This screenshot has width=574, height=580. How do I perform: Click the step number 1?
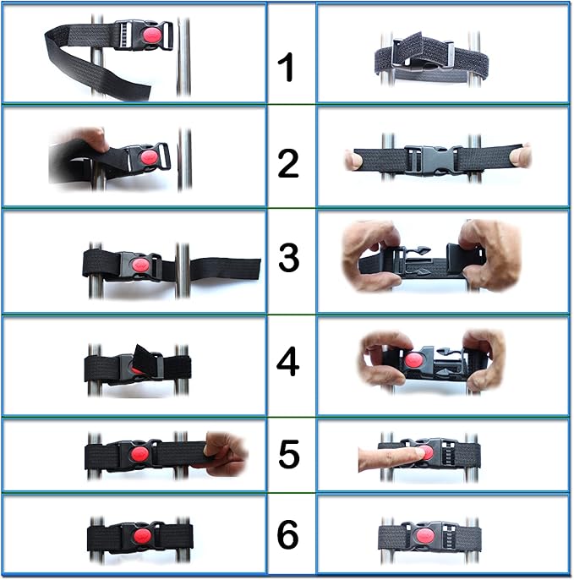tap(286, 67)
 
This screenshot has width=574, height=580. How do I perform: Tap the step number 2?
tap(287, 163)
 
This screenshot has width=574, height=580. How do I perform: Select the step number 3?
tap(288, 257)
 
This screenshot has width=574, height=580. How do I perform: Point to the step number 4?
tap(287, 361)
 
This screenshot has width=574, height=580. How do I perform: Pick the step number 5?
tap(288, 453)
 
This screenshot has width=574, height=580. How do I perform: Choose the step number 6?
tap(287, 534)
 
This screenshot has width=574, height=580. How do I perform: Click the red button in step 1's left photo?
tap(152, 36)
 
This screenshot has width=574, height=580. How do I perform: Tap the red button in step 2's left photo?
tap(150, 158)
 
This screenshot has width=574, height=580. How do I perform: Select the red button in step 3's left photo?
tap(141, 265)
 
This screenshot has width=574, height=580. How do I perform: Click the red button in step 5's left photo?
tap(139, 454)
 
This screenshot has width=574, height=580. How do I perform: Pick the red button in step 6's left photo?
tap(142, 536)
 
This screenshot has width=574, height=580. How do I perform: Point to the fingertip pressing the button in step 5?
tap(421, 452)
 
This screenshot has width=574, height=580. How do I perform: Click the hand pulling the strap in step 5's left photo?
tap(226, 453)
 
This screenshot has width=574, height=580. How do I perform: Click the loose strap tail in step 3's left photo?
tap(225, 269)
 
